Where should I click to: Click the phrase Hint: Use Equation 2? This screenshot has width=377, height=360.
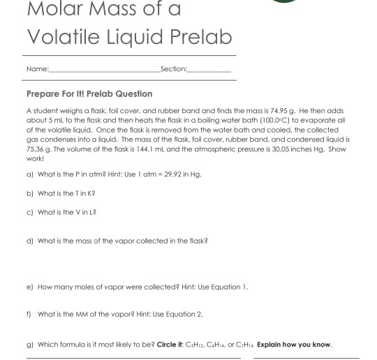(x=167, y=315)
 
